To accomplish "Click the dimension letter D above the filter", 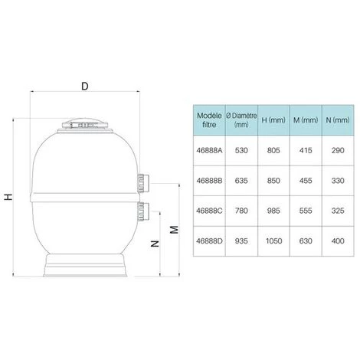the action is coord(85,87).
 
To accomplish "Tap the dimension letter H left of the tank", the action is coord(8,197).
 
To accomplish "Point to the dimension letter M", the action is coord(175,230).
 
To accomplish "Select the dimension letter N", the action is coord(155,244).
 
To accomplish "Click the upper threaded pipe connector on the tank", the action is coord(143,183).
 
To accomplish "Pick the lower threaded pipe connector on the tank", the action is coord(143,211).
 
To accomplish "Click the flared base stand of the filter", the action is coord(85,265).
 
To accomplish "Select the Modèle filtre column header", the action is coord(209,120).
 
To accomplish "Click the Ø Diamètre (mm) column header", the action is coord(241,120).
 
